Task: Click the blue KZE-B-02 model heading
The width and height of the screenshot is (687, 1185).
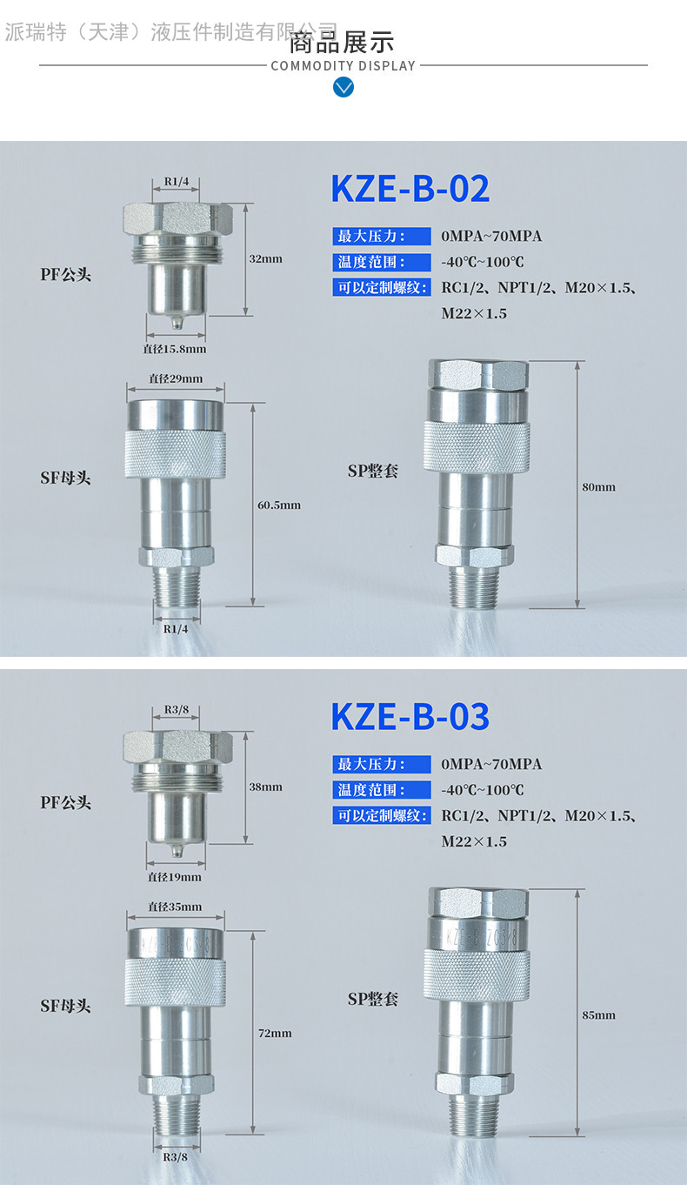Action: (410, 189)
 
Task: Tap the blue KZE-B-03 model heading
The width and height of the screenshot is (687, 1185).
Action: (410, 717)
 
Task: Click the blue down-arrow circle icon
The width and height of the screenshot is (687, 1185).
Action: (343, 87)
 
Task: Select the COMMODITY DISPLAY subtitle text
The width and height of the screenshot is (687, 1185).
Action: (343, 66)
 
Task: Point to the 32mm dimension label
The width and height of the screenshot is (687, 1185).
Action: (265, 258)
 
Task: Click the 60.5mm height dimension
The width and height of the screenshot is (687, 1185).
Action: (279, 505)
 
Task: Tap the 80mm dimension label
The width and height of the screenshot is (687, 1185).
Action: (598, 487)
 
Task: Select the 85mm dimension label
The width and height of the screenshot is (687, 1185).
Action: (598, 1015)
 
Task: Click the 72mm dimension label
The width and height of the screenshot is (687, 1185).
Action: (275, 1033)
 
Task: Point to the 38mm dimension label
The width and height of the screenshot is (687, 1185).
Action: (265, 787)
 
